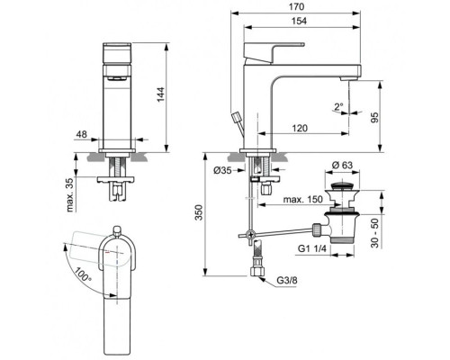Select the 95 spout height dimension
(386, 114)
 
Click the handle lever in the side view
(276, 50)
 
